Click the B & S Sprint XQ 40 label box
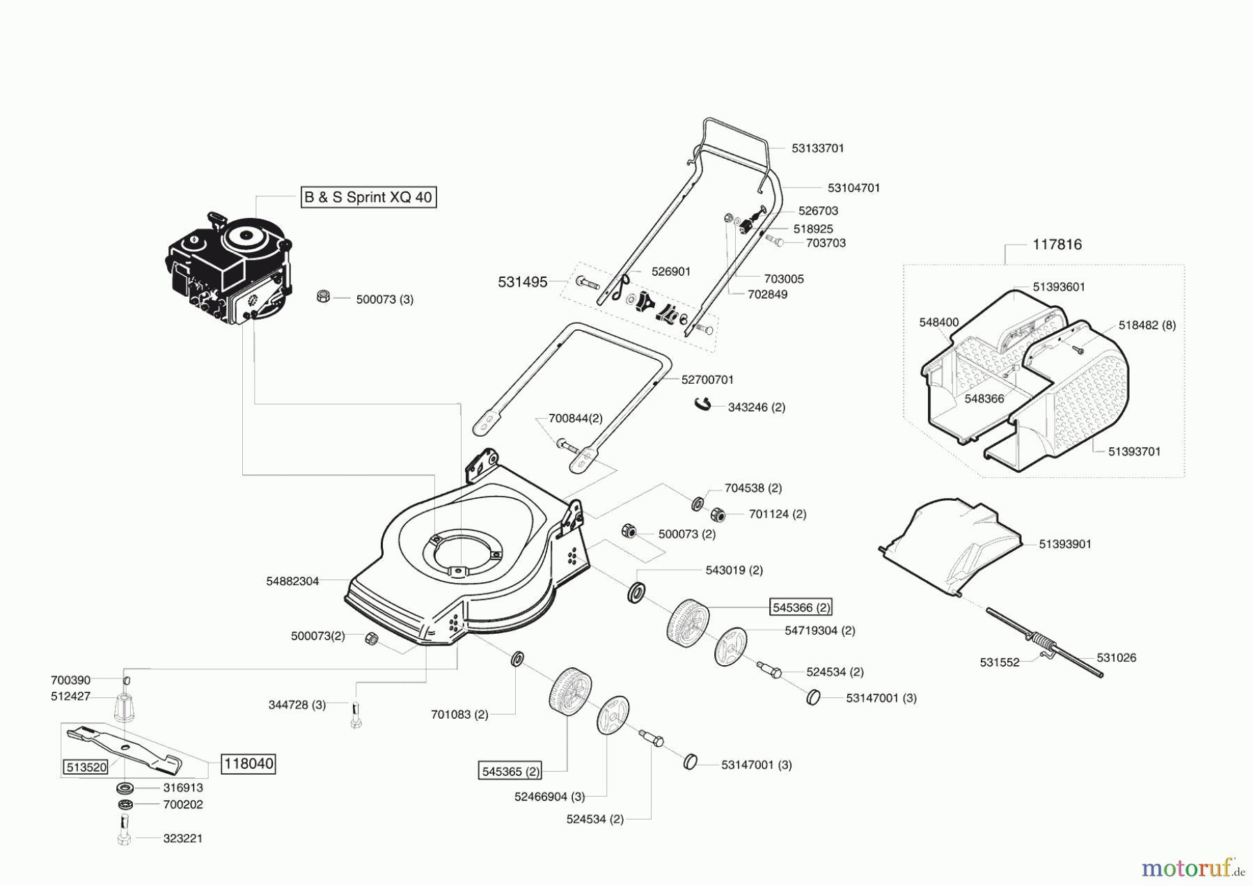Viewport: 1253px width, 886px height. pyautogui.click(x=368, y=197)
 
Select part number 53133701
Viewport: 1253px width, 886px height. pyautogui.click(x=818, y=148)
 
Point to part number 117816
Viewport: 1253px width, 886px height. pyautogui.click(x=1057, y=244)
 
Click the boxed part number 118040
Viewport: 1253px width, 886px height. pyautogui.click(x=249, y=763)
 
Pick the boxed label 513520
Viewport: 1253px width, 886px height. pyautogui.click(x=86, y=767)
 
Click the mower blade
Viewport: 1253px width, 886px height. pyautogui.click(x=125, y=748)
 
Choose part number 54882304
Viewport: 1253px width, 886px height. pyautogui.click(x=292, y=581)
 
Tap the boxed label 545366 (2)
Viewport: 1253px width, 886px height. pyautogui.click(x=801, y=607)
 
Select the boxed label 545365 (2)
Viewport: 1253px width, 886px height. pyautogui.click(x=511, y=771)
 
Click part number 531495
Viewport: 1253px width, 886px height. pyautogui.click(x=522, y=282)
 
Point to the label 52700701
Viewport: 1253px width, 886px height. pyautogui.click(x=707, y=380)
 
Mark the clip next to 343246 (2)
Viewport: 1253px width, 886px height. pyautogui.click(x=703, y=404)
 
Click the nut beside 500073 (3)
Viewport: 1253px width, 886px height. pyautogui.click(x=323, y=296)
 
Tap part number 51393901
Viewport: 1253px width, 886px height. pyautogui.click(x=1065, y=544)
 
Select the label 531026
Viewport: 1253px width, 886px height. pyautogui.click(x=1116, y=658)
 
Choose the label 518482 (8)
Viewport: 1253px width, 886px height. pyautogui.click(x=1147, y=325)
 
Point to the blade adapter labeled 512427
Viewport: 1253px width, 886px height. pyautogui.click(x=124, y=709)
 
